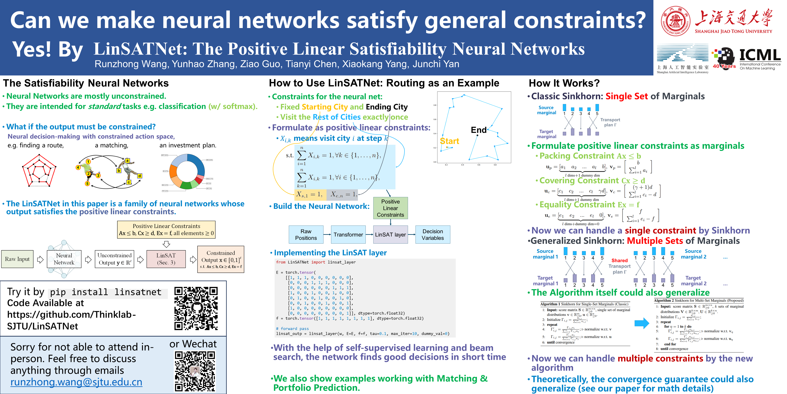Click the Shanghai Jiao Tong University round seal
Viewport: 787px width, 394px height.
(675, 21)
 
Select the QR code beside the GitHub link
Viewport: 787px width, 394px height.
(196, 308)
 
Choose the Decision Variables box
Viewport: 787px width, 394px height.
(433, 235)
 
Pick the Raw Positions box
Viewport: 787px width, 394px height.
(306, 235)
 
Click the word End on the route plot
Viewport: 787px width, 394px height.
(479, 130)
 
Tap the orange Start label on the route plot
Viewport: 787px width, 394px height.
(449, 141)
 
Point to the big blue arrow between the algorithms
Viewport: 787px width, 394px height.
(642, 323)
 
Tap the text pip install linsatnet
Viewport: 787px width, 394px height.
(106, 292)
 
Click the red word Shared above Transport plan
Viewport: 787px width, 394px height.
(619, 260)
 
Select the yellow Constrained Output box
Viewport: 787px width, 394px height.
(221, 259)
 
